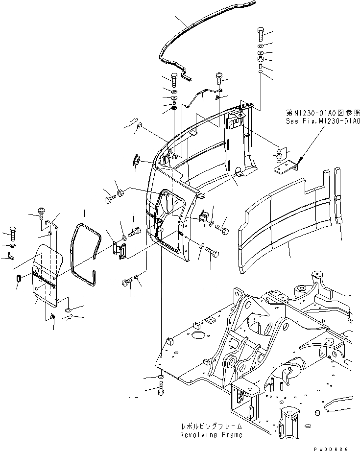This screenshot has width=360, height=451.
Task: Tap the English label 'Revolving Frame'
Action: [211, 435]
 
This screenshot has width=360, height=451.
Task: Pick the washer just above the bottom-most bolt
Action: [162, 377]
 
